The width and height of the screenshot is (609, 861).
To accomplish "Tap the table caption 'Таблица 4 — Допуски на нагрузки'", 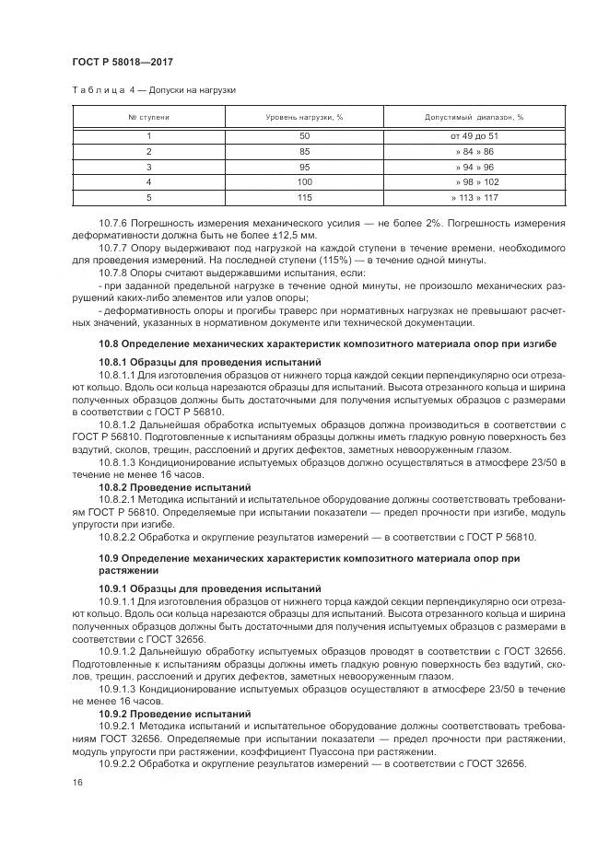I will point(155,90).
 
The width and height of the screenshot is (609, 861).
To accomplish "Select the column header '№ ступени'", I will point(148,118).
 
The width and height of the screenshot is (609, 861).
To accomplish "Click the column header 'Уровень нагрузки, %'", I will point(304,118).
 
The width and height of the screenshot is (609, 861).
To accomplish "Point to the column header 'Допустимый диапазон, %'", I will point(474,118).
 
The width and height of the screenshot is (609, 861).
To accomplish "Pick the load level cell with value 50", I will point(304,136).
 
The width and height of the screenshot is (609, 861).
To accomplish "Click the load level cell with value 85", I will point(304,151).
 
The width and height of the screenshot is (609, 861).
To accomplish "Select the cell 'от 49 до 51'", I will point(474,136).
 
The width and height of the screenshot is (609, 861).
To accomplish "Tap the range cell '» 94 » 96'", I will point(474,167).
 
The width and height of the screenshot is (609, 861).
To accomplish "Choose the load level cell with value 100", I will point(304,181).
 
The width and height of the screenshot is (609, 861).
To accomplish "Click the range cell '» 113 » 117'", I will point(474,197).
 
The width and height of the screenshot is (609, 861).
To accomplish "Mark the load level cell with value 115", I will point(304,197).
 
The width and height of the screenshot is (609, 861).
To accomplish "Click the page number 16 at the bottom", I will point(76,782).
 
